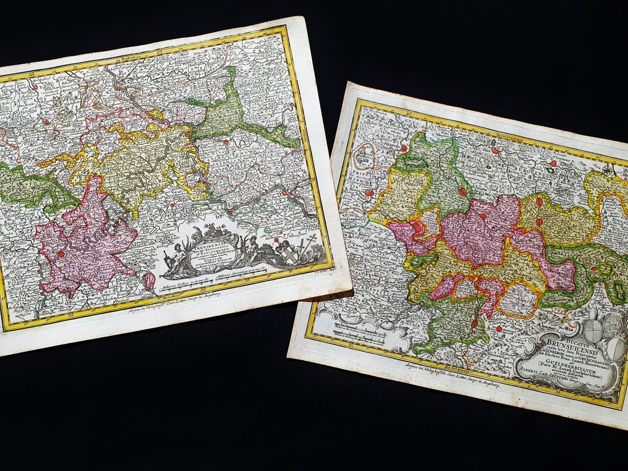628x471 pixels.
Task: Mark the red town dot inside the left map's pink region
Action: tap(61, 253)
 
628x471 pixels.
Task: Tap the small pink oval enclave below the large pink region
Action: tap(148, 282)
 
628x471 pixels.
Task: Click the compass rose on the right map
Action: tap(609, 172)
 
